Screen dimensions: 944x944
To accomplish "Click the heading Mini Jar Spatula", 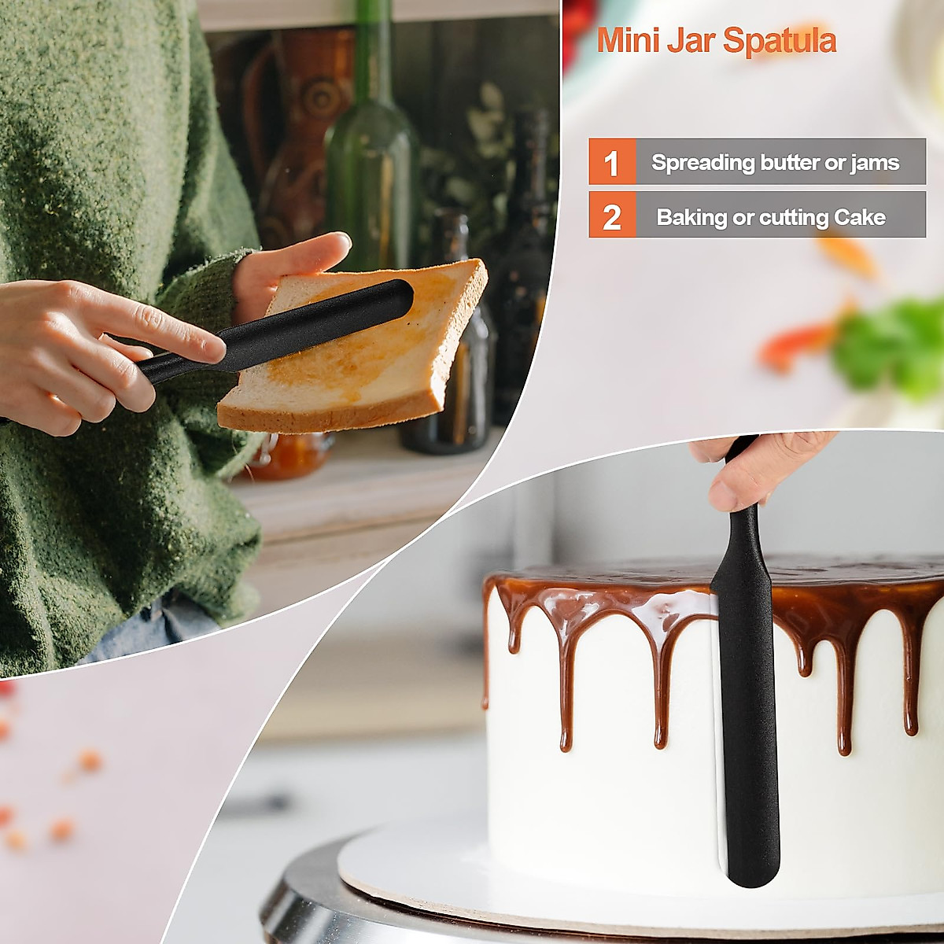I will (716, 40).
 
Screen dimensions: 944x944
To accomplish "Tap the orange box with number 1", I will (611, 163).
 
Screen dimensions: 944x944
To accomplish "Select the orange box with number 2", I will (611, 216).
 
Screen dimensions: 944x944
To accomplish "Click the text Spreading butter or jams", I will (775, 163).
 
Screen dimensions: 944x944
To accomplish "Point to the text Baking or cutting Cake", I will (771, 217).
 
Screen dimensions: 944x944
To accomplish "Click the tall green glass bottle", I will (372, 157).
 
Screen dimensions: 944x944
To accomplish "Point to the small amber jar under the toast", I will (291, 456).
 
